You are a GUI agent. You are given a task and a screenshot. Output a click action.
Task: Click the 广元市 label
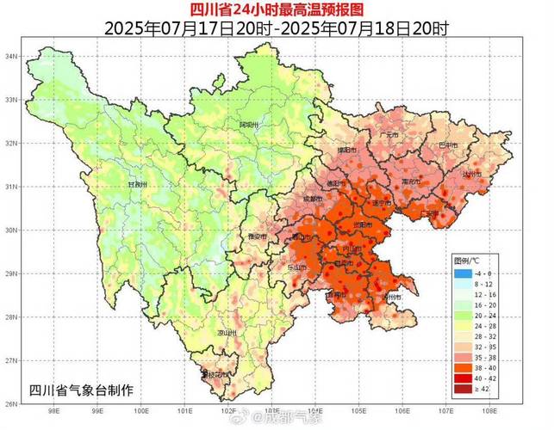[x=389, y=135]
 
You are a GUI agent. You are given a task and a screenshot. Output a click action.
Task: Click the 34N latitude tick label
[x=13, y=56]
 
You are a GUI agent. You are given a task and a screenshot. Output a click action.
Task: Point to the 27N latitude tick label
[x=13, y=360]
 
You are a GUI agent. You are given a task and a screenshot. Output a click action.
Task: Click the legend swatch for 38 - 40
[x=464, y=365]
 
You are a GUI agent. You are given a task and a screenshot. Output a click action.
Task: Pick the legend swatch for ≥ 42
[x=464, y=390]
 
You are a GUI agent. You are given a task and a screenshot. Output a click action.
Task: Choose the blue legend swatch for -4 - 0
[x=464, y=273]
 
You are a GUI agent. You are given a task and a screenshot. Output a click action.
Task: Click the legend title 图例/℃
[x=470, y=260]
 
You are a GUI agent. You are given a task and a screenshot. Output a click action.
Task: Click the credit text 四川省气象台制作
[x=82, y=390]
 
